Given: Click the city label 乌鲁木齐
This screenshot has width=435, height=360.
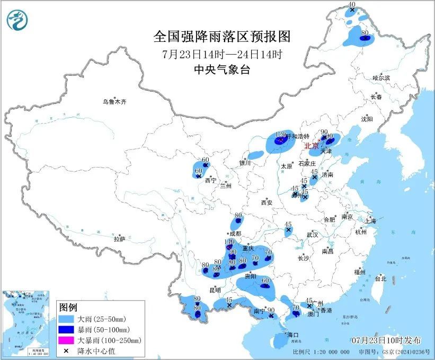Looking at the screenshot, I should click(x=115, y=102).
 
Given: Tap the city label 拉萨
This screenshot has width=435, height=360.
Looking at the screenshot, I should click(x=119, y=239).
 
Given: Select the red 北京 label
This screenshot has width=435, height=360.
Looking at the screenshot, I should click(x=310, y=145).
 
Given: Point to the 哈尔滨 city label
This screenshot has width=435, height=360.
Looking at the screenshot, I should click(x=381, y=78).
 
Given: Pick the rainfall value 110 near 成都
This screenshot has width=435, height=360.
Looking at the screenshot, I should click(x=229, y=242).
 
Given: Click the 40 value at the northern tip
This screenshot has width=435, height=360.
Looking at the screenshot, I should click(x=351, y=4).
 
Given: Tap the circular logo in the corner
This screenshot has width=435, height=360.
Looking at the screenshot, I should click(x=17, y=21).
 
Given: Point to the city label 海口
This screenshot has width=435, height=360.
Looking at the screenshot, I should click(x=293, y=335).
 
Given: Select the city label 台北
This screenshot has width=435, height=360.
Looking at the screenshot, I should click(x=380, y=278).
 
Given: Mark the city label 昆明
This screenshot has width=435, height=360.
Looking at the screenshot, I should click(x=215, y=290).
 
